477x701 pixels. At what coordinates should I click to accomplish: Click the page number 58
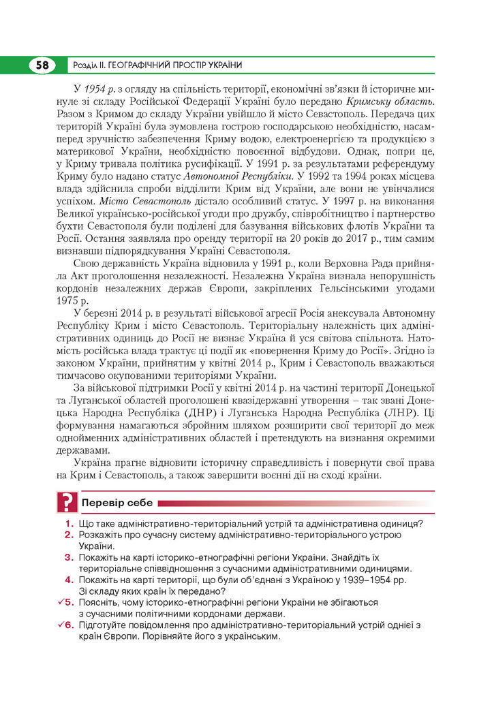point(42,65)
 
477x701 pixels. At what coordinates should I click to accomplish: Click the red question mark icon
point(66,503)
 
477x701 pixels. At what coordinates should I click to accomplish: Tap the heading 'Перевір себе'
point(116,504)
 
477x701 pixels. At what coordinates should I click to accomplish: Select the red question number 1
point(70,524)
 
